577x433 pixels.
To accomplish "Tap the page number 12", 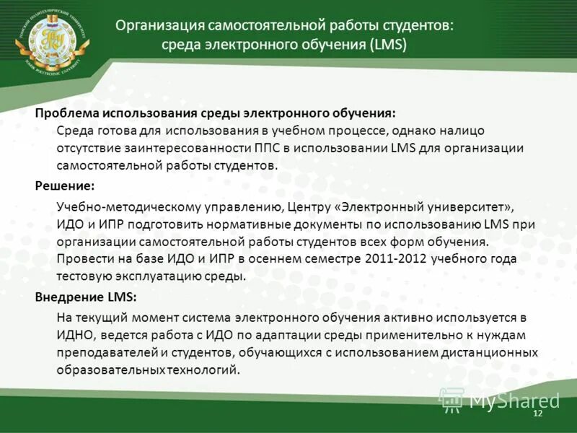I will pos(537,412).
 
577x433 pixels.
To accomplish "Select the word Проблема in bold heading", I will pos(66,113).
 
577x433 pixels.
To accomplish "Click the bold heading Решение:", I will pos(60,185).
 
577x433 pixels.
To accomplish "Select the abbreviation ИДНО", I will pos(74,335).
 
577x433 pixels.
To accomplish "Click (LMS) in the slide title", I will pos(388,45).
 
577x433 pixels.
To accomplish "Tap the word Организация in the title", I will pos(159,25).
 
